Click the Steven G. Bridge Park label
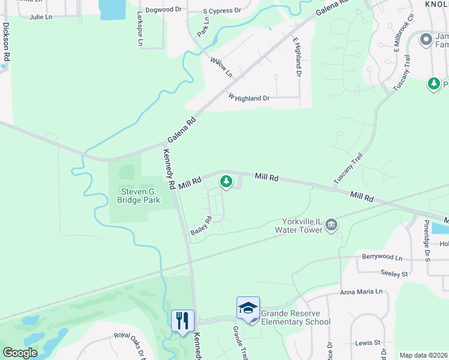[139, 196]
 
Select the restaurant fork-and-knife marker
[182, 320]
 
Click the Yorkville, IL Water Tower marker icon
[331, 226]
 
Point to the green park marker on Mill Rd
[226, 181]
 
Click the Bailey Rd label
[202, 226]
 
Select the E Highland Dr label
[297, 56]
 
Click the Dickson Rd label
[6, 42]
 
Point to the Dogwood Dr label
[163, 10]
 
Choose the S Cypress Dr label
[221, 11]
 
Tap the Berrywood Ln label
[382, 257]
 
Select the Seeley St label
[394, 273]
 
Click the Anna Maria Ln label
[361, 292]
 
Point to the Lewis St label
[368, 343]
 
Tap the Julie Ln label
[41, 17]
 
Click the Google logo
[20, 352]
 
